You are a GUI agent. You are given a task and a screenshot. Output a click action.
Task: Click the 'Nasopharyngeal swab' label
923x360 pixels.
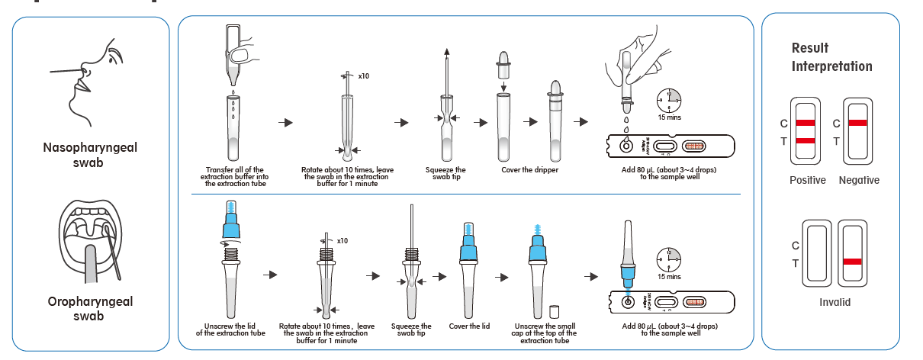[90, 155]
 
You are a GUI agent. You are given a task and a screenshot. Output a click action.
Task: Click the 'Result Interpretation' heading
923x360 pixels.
[831, 57]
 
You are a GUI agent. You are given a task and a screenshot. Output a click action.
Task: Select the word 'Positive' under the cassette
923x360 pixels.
[807, 181]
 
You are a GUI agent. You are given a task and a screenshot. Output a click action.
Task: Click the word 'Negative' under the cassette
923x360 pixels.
[859, 181]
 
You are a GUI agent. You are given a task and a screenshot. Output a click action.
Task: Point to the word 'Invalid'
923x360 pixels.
[835, 302]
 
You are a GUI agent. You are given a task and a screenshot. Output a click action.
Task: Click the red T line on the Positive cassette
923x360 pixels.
[806, 141]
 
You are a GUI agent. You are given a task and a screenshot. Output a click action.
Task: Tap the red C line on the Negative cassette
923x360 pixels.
[857, 123]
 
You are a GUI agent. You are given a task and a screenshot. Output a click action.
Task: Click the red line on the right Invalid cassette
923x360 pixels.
[852, 262]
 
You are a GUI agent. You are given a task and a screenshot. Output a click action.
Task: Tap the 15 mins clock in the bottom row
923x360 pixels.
[668, 262]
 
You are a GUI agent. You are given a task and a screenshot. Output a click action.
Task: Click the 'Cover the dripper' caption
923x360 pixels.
[529, 169]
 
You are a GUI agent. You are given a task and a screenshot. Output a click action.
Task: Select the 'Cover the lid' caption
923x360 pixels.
[469, 326]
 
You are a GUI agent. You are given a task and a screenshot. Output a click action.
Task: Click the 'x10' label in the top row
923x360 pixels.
[363, 77]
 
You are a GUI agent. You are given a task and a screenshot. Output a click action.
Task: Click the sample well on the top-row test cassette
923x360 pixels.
[626, 145]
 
